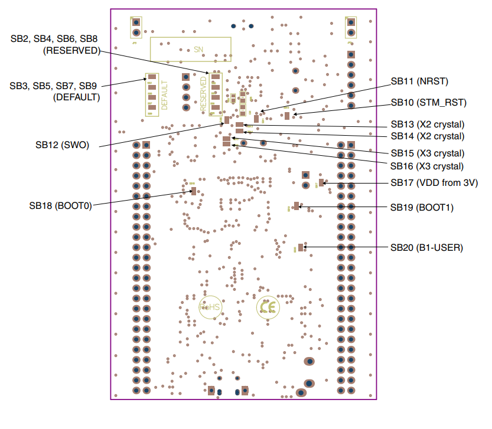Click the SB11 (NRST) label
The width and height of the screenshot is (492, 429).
(419, 80)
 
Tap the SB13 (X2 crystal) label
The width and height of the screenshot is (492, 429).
(427, 125)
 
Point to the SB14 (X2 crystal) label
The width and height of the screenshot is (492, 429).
(427, 136)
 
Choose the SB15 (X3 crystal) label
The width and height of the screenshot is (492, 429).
(427, 153)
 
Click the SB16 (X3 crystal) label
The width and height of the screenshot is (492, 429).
(427, 166)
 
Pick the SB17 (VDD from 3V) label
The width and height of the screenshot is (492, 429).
(434, 183)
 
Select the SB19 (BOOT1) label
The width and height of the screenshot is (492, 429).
(422, 208)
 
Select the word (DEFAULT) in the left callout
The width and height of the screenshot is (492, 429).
(76, 97)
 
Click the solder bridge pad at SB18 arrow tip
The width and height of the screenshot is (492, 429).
(193, 191)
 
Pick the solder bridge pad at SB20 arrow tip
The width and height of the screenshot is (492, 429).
(301, 248)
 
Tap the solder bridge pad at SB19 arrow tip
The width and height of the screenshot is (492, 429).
(296, 207)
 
